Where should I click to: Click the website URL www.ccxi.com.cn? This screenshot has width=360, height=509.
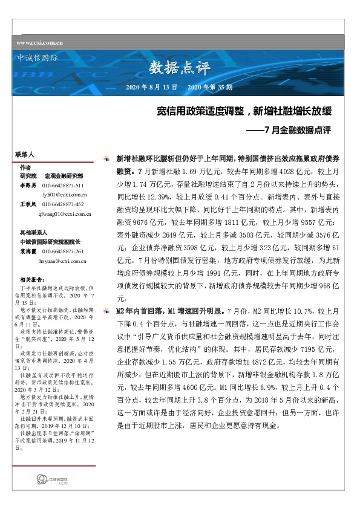click(x=40, y=43)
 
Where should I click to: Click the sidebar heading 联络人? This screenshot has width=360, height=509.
click(x=27, y=155)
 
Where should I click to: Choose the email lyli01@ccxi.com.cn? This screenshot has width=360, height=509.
click(x=65, y=195)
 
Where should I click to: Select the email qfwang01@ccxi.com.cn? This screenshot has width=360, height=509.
click(x=65, y=215)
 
